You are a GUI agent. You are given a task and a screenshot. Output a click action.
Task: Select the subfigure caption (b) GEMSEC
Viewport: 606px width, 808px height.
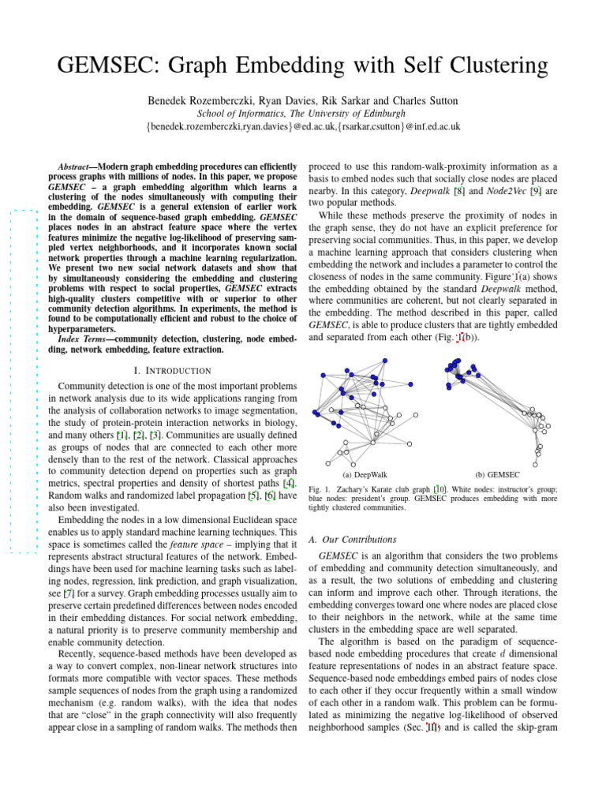pos(497,475)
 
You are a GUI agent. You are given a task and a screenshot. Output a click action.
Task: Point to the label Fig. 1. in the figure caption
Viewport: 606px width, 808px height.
pos(319,490)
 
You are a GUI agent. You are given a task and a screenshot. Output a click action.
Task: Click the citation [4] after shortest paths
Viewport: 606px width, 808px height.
pos(289,483)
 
